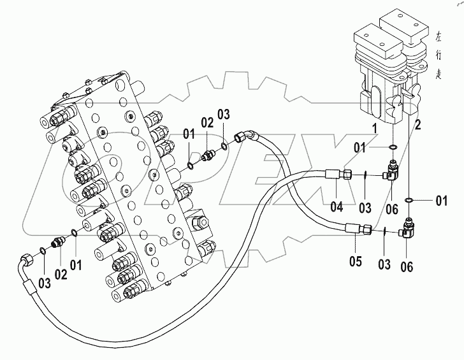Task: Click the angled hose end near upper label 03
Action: click(x=243, y=136)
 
